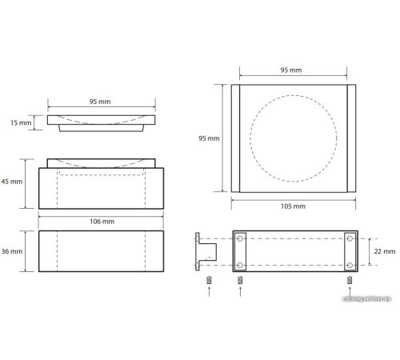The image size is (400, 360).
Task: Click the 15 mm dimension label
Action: point(21,123)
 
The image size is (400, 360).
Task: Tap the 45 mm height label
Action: point(12,182)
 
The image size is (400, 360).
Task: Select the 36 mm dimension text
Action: point(12,251)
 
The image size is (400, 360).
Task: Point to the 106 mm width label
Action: point(102,222)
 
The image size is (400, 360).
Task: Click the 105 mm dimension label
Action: point(293,206)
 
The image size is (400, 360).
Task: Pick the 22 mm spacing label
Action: point(385,251)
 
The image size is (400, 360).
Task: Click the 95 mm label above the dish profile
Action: point(100,102)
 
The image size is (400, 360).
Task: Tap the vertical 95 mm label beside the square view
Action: point(209,138)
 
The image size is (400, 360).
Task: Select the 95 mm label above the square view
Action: point(291,70)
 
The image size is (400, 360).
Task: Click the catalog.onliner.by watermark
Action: point(366,298)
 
